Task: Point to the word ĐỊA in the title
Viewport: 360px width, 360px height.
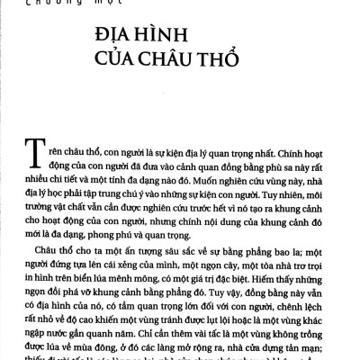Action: pyautogui.click(x=112, y=40)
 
